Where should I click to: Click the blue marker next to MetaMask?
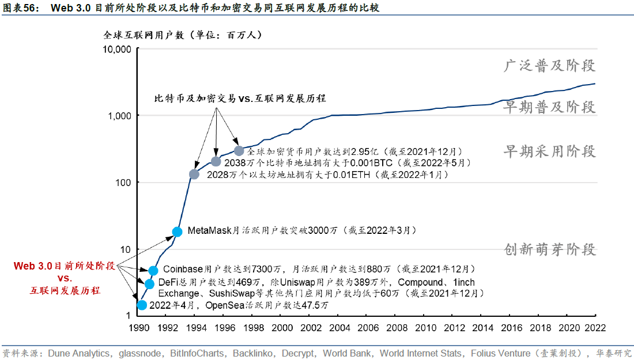pos(178,232)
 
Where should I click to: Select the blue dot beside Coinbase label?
pos(153,270)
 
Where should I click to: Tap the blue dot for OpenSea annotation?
pos(142,305)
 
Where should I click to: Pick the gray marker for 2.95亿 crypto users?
pos(239,151)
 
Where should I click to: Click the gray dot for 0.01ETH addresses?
pos(194,174)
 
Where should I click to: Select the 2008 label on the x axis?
pos(398,328)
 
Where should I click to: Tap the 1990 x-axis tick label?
pos(137,328)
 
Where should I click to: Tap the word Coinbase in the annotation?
pos(183,269)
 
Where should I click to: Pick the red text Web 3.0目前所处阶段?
pos(65,266)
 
